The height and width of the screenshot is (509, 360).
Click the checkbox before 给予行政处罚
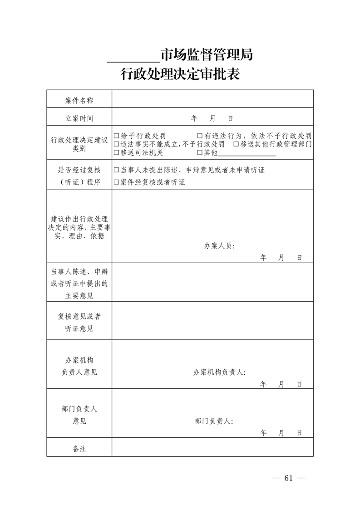tap(117, 136)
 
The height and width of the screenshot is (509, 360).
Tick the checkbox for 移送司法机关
tap(117, 153)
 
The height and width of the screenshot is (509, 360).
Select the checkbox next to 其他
tap(200, 153)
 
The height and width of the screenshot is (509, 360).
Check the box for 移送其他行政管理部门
tap(236, 144)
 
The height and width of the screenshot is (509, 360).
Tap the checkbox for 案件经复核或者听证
tap(117, 182)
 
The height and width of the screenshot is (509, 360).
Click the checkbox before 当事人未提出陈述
tap(117, 170)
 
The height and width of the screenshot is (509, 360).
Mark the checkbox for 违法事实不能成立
tap(117, 144)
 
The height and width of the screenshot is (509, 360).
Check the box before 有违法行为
tap(200, 136)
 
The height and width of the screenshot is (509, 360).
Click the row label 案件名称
tap(79, 100)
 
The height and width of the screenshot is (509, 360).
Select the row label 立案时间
tap(79, 118)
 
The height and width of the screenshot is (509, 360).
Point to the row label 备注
tap(79, 449)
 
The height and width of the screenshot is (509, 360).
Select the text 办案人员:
tap(219, 246)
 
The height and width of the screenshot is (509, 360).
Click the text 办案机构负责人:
tap(219, 372)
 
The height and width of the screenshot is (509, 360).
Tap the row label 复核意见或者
tap(79, 316)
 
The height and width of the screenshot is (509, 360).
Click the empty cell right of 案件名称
tap(212, 100)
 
